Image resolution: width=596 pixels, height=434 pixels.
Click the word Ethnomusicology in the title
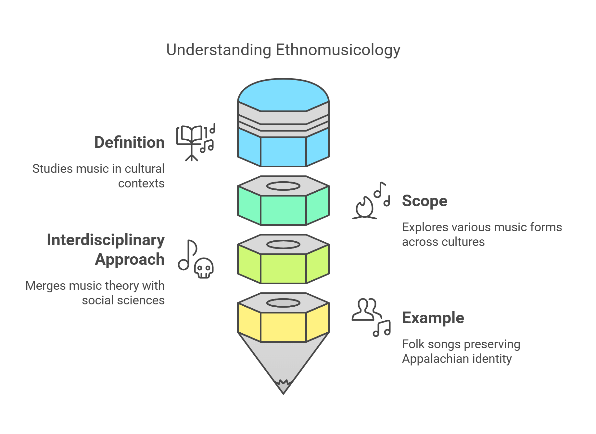coord(338,50)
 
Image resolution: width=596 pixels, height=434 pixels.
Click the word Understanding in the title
coord(219,50)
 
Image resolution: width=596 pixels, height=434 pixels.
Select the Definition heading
coord(129,143)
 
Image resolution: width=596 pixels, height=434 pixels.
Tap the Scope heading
coord(425,201)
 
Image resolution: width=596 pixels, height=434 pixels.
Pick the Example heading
coord(433,318)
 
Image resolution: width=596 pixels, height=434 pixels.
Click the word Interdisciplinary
coord(106,240)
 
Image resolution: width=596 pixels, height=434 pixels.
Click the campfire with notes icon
coord(365,208)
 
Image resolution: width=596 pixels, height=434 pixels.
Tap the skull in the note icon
coord(204,268)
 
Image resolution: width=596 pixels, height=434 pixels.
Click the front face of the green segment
coord(283,210)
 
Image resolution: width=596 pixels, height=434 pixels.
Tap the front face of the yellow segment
coord(283,327)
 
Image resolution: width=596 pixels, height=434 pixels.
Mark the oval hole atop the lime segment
coord(283,245)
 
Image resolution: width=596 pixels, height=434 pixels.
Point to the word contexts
coord(141,184)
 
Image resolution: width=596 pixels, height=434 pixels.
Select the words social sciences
coord(123,300)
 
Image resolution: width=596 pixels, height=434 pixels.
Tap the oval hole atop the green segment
coord(283,186)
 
